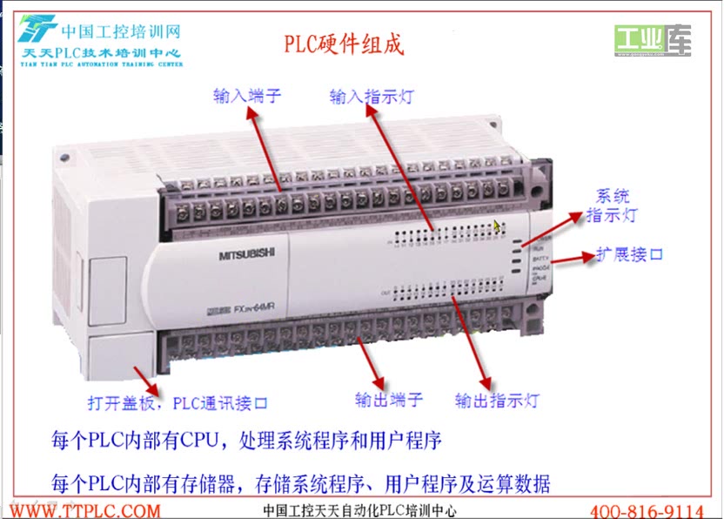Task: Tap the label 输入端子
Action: coord(248,95)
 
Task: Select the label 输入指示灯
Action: coord(372,96)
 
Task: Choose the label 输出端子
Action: coord(389,400)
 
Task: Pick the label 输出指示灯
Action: coord(497,401)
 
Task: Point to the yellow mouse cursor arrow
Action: coord(498,226)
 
